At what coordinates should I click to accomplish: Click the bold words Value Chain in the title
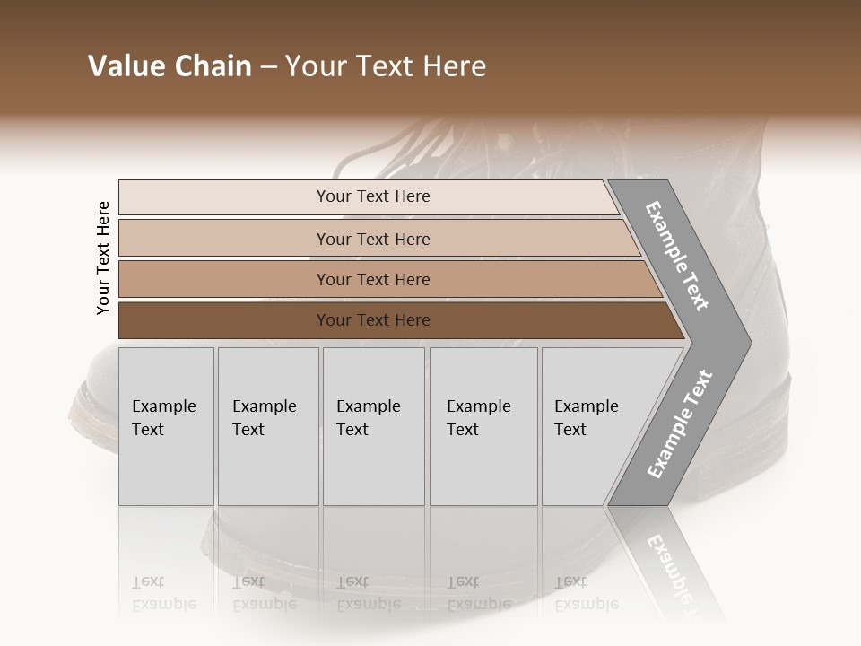[x=170, y=66]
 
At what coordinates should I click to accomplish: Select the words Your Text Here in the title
[x=386, y=66]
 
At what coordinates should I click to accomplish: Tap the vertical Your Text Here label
[x=103, y=258]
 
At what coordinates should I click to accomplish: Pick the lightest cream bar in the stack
[x=372, y=196]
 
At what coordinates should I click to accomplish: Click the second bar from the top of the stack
[x=372, y=239]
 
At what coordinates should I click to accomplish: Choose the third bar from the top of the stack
[x=372, y=279]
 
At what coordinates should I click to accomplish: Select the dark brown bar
[x=372, y=320]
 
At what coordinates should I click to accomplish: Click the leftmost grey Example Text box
[x=166, y=426]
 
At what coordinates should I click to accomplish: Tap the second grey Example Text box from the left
[x=267, y=426]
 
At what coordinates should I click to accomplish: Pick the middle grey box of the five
[x=373, y=426]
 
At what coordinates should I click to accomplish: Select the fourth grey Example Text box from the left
[x=483, y=426]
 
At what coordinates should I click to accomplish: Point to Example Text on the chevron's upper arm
[x=678, y=256]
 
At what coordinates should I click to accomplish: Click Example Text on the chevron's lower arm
[x=680, y=424]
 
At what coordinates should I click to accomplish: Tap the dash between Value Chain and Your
[x=268, y=67]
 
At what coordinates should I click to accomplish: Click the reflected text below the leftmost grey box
[x=163, y=593]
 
